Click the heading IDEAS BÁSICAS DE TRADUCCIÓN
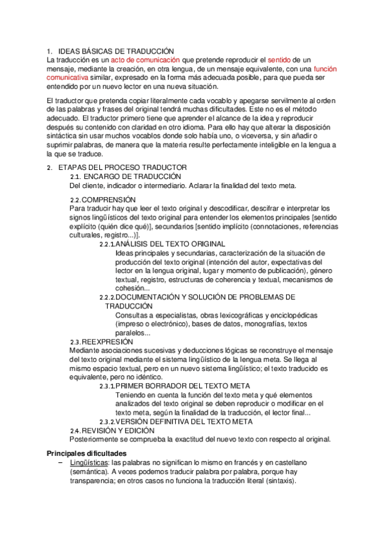117,50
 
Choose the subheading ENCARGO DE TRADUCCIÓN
132,176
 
